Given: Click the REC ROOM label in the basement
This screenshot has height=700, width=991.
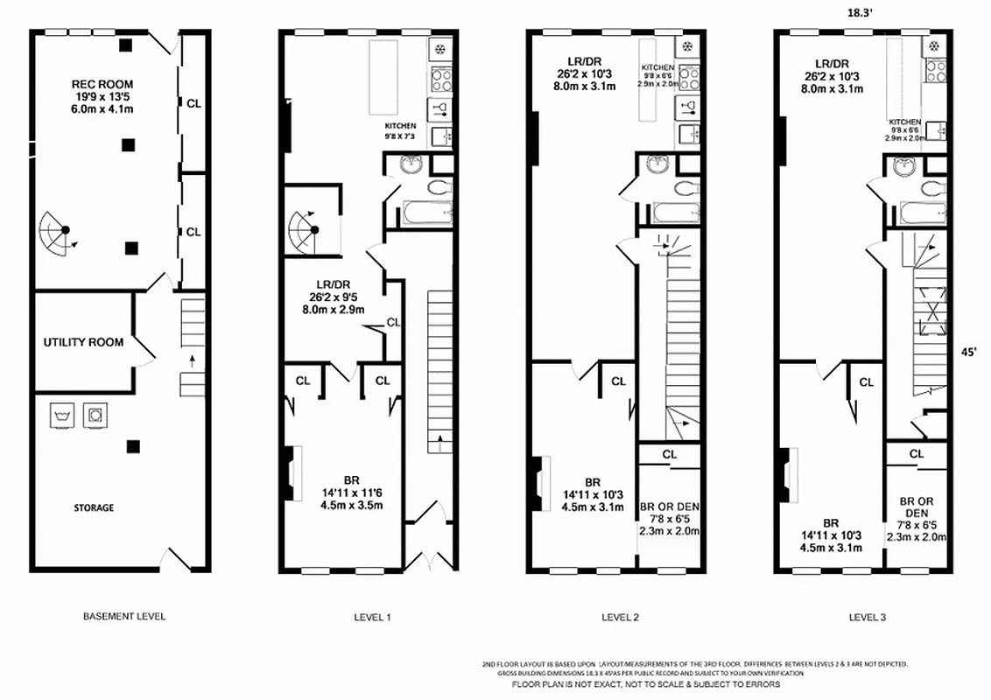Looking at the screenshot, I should point(103,85).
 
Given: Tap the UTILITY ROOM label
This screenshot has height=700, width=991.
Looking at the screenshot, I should point(83,342).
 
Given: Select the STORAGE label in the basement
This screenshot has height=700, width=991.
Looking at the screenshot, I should point(93,507).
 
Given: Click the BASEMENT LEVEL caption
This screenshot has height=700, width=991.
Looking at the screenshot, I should point(123,616).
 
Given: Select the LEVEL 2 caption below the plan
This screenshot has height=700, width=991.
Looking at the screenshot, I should point(620,617).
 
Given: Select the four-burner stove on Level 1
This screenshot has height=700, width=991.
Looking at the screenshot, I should point(440,80).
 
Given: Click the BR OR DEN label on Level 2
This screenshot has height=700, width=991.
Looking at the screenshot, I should point(670,507).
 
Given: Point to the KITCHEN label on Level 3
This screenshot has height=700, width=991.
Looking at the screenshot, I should point(904,122).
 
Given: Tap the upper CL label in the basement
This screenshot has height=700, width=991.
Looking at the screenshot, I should point(193,103).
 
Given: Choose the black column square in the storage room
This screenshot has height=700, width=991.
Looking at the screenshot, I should point(132,446).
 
